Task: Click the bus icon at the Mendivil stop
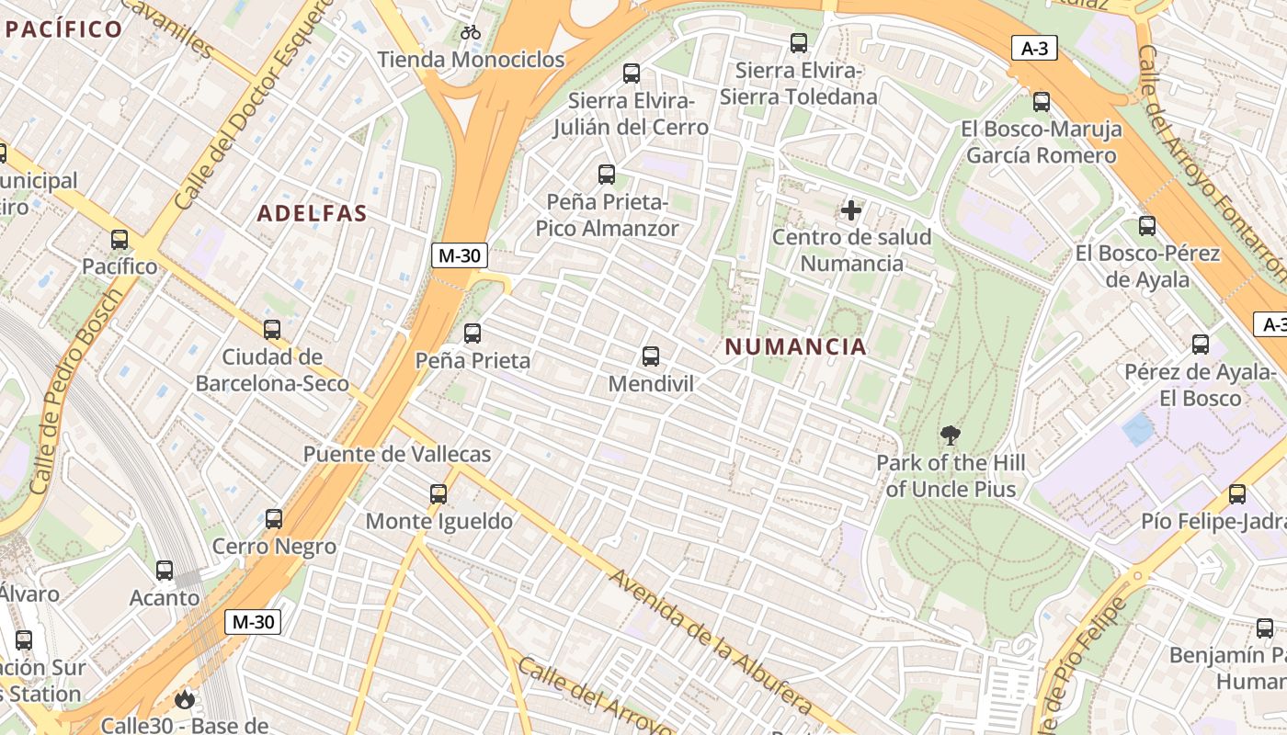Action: point(651,356)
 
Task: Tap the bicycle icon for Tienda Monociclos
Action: point(471,33)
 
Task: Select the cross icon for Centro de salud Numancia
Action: point(851,210)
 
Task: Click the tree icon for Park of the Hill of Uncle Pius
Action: point(951,435)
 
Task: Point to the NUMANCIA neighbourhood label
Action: point(795,346)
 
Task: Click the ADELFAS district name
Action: point(312,214)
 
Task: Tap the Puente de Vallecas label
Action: point(397,454)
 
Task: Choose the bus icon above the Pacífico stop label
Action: point(120,240)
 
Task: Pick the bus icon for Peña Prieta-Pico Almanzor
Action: point(607,174)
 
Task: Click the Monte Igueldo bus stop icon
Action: point(438,494)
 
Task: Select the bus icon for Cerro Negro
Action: point(274,519)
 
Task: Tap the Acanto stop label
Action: point(165,598)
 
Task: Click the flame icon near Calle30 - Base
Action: point(185,700)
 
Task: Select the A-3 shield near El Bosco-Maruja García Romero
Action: point(1034,49)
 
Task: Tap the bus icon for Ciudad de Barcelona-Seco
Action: point(272,329)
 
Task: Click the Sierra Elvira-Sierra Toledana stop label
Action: point(798,84)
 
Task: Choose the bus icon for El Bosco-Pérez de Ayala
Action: point(1147,226)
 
